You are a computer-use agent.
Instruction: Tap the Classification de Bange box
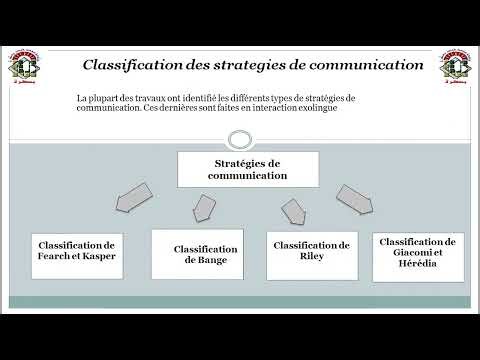tap(197, 254)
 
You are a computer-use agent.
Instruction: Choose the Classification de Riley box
tap(311, 251)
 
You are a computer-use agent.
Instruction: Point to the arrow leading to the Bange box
tap(202, 206)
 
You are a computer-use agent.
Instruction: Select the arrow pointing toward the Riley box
tap(294, 211)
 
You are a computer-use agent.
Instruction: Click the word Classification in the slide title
tap(137, 65)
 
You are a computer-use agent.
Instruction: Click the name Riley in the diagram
tap(311, 256)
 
